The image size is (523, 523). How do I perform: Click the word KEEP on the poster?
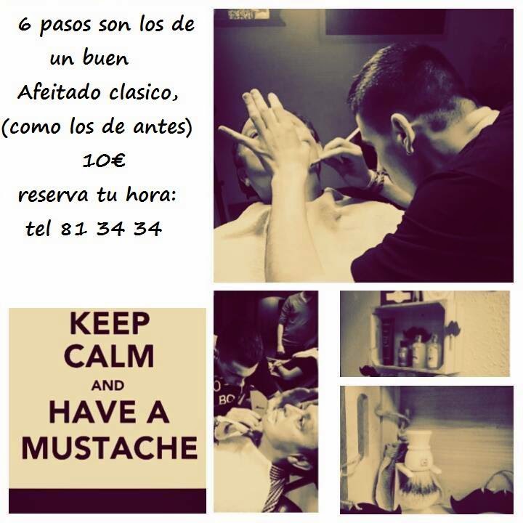(x=110, y=323)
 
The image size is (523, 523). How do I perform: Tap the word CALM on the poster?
(x=109, y=356)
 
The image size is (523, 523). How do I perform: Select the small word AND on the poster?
(x=108, y=386)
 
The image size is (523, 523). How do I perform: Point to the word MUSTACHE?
(x=110, y=448)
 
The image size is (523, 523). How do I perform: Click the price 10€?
(x=104, y=161)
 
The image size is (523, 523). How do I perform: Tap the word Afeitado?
(x=59, y=92)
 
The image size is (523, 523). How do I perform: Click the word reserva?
(x=53, y=195)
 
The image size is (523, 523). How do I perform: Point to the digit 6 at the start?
(x=25, y=25)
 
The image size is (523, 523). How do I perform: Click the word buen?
(x=105, y=59)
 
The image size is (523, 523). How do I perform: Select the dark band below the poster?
(x=108, y=501)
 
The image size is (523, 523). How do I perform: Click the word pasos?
(x=65, y=26)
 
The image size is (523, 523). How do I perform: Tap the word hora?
(x=150, y=195)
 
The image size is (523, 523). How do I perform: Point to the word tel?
(x=38, y=229)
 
